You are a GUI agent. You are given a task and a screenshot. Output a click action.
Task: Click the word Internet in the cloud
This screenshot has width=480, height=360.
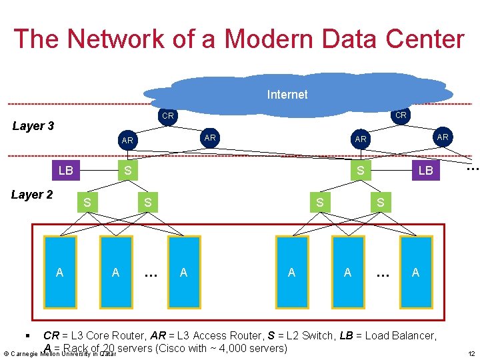[287, 95]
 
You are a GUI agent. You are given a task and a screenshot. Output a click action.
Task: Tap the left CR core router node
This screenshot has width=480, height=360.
[168, 116]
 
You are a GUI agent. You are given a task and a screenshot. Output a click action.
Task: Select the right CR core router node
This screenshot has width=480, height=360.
[401, 115]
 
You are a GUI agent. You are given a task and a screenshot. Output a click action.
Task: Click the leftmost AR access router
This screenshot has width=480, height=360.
[127, 141]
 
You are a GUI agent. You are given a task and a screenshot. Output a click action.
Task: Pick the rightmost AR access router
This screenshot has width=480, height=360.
[441, 136]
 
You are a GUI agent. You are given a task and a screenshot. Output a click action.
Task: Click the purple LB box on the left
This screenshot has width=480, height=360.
[65, 170]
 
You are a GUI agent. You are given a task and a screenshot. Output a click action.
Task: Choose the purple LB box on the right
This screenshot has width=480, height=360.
[425, 171]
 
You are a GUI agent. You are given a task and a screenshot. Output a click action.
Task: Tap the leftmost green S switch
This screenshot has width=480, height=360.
[87, 201]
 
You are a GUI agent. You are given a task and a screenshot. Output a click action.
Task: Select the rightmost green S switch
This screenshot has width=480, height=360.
[380, 201]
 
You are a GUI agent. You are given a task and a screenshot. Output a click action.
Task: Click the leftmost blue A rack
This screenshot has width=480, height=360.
[60, 271]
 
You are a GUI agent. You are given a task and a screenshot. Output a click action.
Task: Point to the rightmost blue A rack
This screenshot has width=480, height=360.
[416, 271]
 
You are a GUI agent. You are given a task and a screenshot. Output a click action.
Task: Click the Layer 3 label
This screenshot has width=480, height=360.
[33, 126]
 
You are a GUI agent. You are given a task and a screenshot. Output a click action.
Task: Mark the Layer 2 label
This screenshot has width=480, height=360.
[32, 195]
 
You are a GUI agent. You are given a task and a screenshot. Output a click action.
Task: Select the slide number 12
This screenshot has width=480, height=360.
[471, 353]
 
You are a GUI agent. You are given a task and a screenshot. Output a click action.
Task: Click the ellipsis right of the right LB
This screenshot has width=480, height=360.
[472, 169]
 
